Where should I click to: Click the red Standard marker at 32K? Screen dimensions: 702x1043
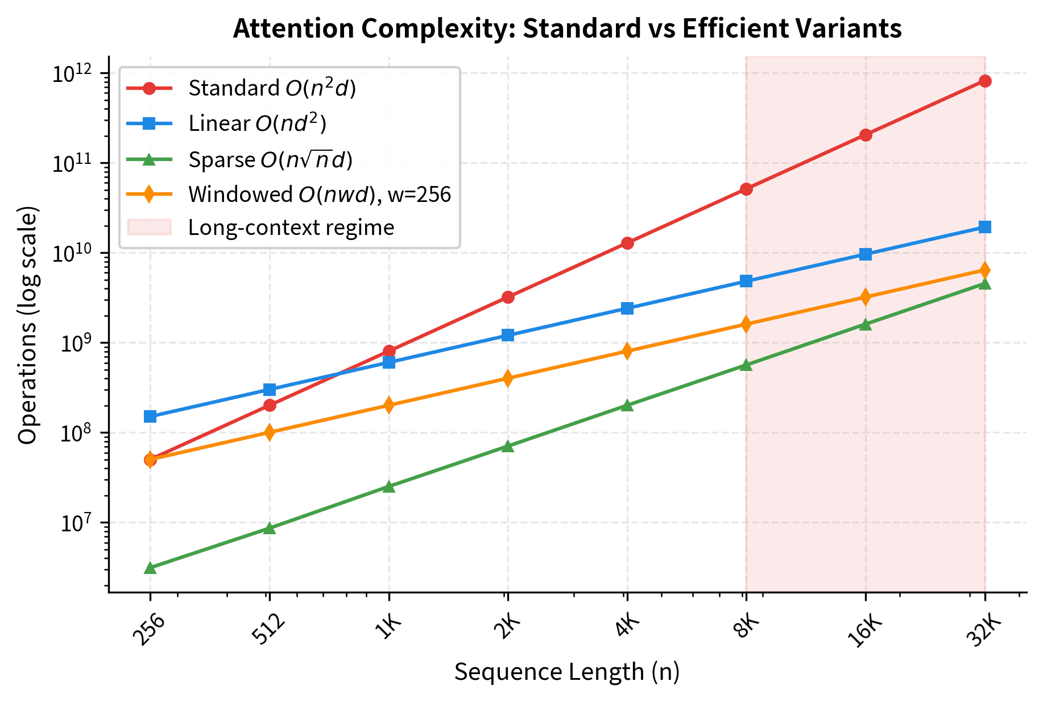click(x=985, y=81)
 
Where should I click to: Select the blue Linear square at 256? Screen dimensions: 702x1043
click(x=150, y=416)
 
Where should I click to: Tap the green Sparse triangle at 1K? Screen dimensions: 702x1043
click(x=389, y=487)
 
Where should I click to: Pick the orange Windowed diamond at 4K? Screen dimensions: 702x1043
click(x=627, y=351)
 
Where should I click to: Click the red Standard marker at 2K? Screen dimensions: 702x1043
click(x=508, y=297)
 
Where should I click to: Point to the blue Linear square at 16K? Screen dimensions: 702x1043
click(x=866, y=254)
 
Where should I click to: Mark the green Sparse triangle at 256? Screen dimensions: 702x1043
click(x=150, y=568)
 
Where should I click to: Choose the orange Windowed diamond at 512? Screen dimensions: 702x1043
click(x=270, y=432)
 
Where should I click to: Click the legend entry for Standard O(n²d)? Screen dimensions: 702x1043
click(x=272, y=88)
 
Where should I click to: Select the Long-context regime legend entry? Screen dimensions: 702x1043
click(x=291, y=228)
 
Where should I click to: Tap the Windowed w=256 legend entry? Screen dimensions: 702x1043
click(x=319, y=195)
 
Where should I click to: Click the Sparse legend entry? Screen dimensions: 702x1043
click(x=270, y=160)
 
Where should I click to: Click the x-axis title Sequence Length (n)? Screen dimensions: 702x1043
click(x=567, y=672)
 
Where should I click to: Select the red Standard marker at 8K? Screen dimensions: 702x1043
click(x=747, y=189)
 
